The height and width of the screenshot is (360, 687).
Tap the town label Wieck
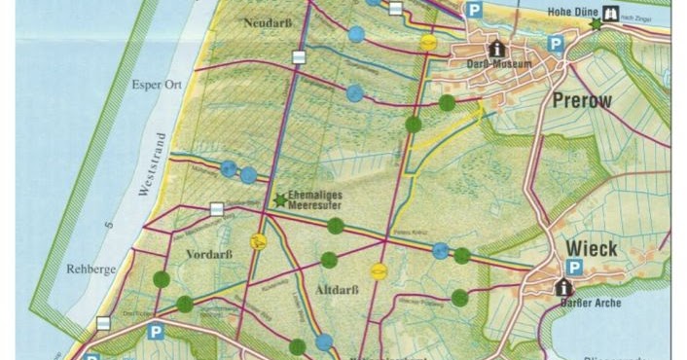594,249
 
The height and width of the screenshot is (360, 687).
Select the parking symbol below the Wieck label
574,268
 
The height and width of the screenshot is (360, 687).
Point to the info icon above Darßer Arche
562,287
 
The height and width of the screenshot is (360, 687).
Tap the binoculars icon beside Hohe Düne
612,15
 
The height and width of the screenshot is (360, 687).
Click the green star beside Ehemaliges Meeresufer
280,199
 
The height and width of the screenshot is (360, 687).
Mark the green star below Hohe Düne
595,23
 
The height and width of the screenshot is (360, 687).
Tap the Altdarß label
338,290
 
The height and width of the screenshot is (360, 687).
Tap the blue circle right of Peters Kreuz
440,251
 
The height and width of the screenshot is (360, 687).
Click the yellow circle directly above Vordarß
259,241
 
